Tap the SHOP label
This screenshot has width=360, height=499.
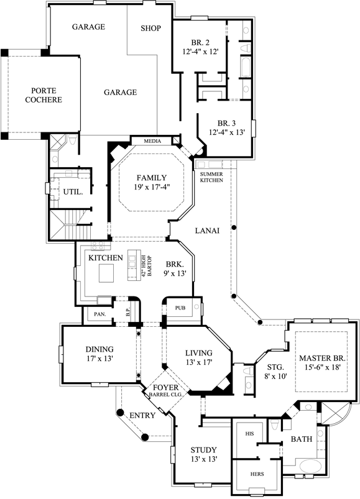click(x=150, y=29)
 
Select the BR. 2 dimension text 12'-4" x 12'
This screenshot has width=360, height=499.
click(x=200, y=53)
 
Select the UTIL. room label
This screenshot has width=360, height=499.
click(x=73, y=192)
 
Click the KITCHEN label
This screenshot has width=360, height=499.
click(x=104, y=257)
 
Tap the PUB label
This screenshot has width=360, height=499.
click(x=181, y=308)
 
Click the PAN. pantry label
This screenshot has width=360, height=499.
click(x=99, y=315)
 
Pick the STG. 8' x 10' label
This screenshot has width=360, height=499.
click(x=270, y=371)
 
